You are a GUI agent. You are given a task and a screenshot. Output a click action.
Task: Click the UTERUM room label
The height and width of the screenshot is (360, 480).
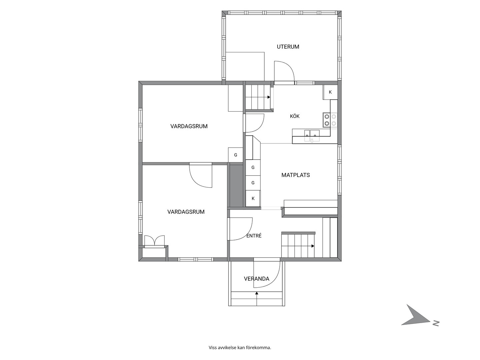coord(288,47)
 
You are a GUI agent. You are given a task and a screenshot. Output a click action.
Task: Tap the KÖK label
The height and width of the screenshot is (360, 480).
coord(295,116)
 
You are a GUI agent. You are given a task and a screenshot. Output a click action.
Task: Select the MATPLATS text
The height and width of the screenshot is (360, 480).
coord(295,175)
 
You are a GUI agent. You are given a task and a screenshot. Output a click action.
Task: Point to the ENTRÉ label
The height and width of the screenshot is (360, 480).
coord(254,236)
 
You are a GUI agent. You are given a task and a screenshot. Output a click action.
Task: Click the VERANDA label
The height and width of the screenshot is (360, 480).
coord(257,279)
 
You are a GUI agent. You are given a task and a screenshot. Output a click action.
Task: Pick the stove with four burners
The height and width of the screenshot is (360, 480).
coord(330,120)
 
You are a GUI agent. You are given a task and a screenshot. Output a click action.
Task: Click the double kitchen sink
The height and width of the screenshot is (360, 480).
coord(312,136)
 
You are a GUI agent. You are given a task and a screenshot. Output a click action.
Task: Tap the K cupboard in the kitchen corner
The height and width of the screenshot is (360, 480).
coord(330,92)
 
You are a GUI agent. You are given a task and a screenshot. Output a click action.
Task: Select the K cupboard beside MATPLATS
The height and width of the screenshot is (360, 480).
coord(253,198)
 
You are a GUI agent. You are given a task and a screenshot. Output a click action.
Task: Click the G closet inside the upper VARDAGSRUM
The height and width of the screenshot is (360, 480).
coord(236,155)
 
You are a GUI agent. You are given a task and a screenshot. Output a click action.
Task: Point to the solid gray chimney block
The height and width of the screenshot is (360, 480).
coord(236,186)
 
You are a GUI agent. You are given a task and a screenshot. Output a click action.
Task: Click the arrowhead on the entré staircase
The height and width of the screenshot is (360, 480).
coord(313,246)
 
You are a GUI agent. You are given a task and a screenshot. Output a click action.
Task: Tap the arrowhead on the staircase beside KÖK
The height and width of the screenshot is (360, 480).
coord(269,97)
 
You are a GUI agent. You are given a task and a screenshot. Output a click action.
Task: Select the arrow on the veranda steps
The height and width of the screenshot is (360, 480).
coord(257,299)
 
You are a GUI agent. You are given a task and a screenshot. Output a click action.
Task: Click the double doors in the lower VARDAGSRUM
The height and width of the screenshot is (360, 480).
coord(154,241)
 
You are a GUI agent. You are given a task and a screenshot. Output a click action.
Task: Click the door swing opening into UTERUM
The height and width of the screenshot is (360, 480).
coord(284,71)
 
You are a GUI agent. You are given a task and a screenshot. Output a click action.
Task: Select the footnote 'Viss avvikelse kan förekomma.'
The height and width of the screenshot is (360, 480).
coord(240,348)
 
